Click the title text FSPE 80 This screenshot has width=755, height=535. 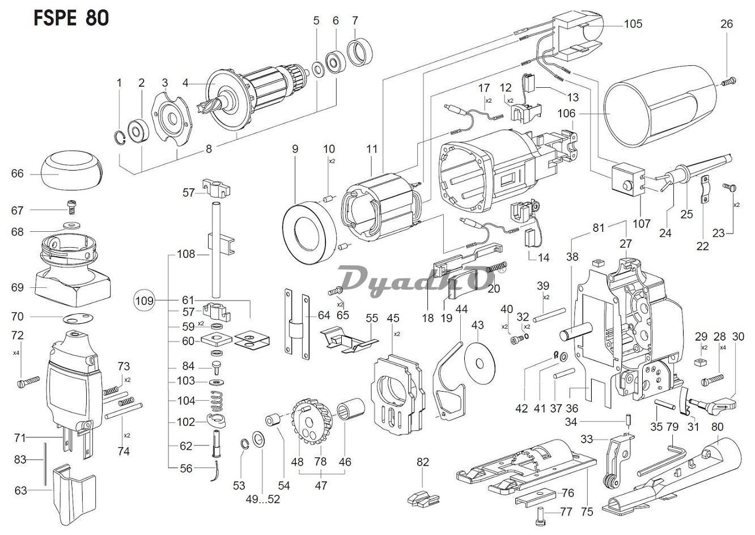[71, 18]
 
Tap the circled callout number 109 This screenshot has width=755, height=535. [145, 300]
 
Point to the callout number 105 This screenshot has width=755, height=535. [633, 24]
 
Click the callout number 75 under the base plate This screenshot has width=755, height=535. [587, 512]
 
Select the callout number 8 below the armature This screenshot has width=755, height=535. [209, 150]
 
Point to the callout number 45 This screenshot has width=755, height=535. [393, 318]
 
